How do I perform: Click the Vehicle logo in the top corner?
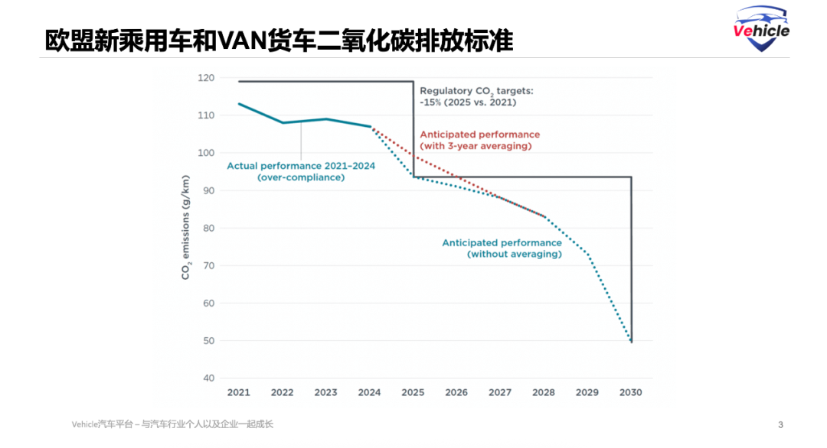(x=761, y=30)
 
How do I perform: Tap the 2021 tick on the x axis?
(x=238, y=392)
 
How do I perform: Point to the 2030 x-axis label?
(x=631, y=392)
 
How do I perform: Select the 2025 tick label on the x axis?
(x=413, y=392)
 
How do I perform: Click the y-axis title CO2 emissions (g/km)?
(x=185, y=228)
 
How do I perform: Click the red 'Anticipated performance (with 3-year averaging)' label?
(x=479, y=140)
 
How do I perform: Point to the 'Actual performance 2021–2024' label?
(x=301, y=170)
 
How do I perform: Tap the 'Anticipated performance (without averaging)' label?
(x=502, y=248)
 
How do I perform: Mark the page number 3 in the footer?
(x=780, y=424)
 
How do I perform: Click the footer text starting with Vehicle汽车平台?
(x=172, y=424)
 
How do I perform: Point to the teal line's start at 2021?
(x=239, y=104)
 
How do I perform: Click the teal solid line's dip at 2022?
(x=283, y=122)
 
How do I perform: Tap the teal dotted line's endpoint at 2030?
(x=631, y=342)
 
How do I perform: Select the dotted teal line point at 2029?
(x=588, y=254)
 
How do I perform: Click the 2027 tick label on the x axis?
(x=500, y=392)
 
